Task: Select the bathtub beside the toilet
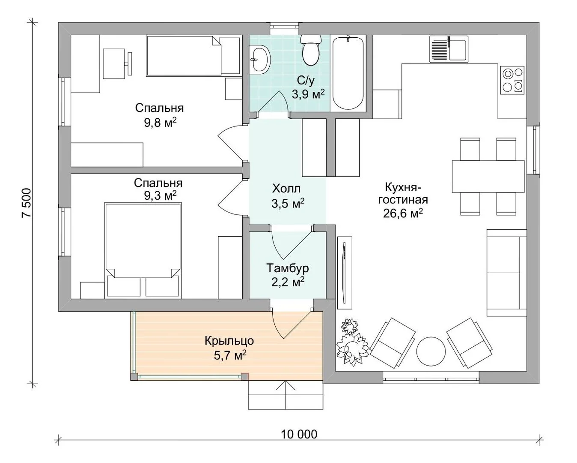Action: (348, 73)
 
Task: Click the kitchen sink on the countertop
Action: (449, 49)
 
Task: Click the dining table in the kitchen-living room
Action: (488, 177)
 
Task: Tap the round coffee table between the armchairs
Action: (431, 351)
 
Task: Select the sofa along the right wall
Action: (506, 273)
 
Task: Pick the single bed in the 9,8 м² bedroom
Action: (193, 56)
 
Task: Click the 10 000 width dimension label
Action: (299, 434)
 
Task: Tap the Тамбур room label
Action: (287, 268)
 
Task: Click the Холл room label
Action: (286, 189)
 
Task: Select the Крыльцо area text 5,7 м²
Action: (230, 355)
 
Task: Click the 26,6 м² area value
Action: (403, 213)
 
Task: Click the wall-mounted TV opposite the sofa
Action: (345, 273)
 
